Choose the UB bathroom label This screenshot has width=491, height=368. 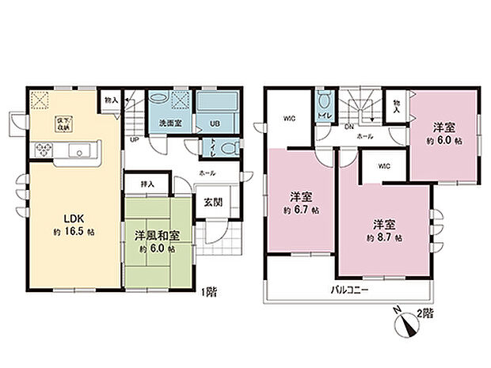click(214, 123)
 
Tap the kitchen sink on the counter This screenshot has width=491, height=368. click(78, 151)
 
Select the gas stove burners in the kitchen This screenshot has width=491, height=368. click(41, 150)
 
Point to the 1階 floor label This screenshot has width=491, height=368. click(209, 291)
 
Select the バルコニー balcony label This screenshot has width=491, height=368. click(349, 290)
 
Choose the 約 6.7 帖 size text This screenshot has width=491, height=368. click(302, 211)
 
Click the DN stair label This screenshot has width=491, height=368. click(349, 126)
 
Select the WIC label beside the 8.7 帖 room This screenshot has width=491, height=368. click(384, 166)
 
